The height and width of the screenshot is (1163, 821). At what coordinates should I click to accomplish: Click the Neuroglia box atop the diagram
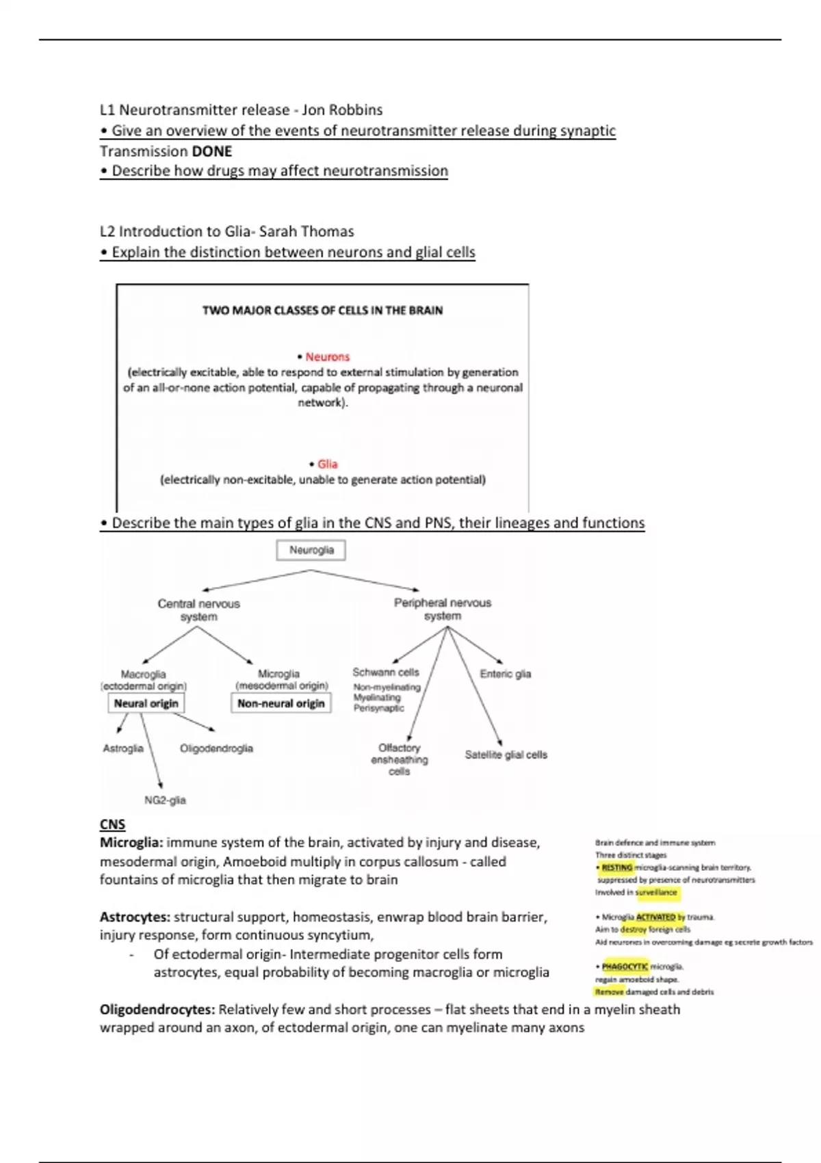click(311, 550)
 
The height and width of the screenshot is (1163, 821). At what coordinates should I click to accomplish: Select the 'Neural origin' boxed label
click(146, 703)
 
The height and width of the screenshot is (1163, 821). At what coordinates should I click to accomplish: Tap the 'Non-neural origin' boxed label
click(281, 703)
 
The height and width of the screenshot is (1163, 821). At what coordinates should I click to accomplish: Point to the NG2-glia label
click(165, 800)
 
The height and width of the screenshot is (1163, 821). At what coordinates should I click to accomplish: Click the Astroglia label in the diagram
click(123, 748)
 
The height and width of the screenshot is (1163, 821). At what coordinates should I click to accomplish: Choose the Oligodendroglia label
click(216, 748)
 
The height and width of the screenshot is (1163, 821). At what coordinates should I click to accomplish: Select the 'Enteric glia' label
click(505, 674)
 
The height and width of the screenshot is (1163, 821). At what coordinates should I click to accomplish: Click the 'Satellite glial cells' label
click(506, 755)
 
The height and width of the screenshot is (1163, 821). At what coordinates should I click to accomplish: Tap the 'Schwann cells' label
click(386, 672)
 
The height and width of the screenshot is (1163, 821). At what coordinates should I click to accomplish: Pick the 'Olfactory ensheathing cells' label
click(400, 759)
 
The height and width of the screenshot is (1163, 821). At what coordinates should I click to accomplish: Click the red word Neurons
click(327, 357)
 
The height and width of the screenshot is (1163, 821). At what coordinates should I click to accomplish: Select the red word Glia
click(327, 464)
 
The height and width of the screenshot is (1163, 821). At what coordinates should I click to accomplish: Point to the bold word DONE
click(212, 151)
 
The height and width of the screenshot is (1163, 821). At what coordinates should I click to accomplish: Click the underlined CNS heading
click(112, 824)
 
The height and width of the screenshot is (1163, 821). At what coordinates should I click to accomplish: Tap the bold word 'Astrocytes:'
click(135, 917)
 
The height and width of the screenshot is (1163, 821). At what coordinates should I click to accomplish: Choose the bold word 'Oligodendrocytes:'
click(157, 1010)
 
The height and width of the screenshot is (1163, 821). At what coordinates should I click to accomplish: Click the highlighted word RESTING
click(617, 867)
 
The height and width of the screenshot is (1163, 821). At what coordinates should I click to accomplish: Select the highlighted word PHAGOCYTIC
click(625, 967)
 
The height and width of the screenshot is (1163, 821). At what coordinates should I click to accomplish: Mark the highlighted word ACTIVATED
click(655, 917)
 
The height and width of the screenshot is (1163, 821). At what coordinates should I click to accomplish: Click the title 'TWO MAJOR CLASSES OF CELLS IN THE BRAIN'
click(322, 311)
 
